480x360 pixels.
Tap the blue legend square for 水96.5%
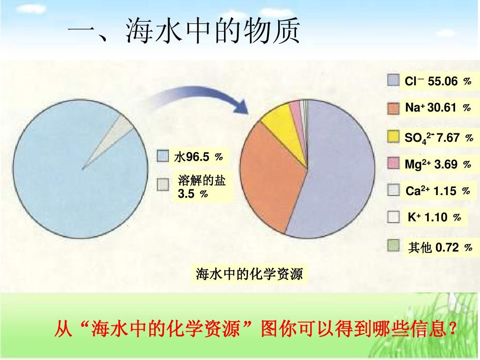click(x=163, y=156)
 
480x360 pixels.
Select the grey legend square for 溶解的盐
click(x=163, y=184)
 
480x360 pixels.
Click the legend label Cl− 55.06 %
click(x=438, y=81)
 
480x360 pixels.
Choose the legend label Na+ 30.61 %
click(x=438, y=108)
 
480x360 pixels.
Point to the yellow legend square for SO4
click(x=393, y=136)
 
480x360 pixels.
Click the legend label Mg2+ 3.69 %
click(x=438, y=164)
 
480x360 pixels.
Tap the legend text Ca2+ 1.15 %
click(x=438, y=191)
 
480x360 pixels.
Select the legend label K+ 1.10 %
click(x=434, y=217)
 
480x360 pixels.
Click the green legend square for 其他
click(x=393, y=245)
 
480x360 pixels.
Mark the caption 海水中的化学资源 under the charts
click(x=249, y=274)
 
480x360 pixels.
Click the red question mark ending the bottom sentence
click(x=452, y=328)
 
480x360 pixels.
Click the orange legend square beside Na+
click(x=393, y=108)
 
